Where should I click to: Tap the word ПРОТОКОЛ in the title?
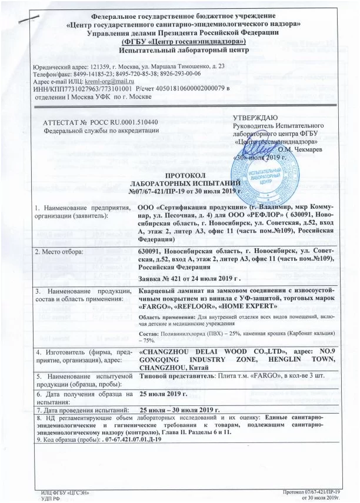click(x=185, y=176)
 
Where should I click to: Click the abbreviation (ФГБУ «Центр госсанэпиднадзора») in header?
click(x=184, y=42)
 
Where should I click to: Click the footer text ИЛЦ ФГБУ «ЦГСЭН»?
click(x=65, y=492)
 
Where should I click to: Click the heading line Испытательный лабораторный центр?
click(x=185, y=50)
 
